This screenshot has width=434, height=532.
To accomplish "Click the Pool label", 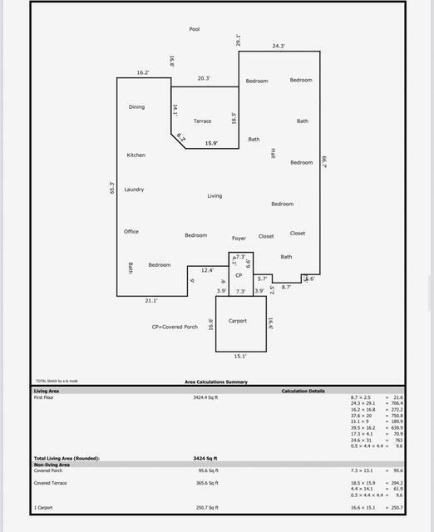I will (x=195, y=29).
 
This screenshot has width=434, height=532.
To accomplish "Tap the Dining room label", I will (x=136, y=107).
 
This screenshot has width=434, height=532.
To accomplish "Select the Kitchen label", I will (x=136, y=155).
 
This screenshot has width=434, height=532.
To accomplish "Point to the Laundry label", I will (x=134, y=190).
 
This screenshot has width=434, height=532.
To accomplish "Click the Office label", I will (x=131, y=232).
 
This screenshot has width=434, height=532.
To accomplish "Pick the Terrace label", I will (x=202, y=121).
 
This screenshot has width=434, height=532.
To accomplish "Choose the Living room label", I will (x=215, y=196).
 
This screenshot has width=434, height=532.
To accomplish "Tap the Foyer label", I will (x=239, y=239).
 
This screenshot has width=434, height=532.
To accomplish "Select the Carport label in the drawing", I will (x=238, y=321).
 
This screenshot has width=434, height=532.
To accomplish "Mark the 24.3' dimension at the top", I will (x=279, y=47).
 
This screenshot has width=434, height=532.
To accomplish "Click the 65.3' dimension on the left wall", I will (x=111, y=189).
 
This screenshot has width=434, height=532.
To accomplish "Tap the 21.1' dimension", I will (x=151, y=300).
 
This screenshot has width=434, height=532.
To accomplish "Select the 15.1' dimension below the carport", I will (x=240, y=356).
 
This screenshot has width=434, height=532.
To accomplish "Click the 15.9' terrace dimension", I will (x=211, y=144).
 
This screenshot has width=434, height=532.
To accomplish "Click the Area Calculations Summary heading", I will (x=215, y=382).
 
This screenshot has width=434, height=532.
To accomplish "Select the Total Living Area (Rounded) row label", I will (x=67, y=458).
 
